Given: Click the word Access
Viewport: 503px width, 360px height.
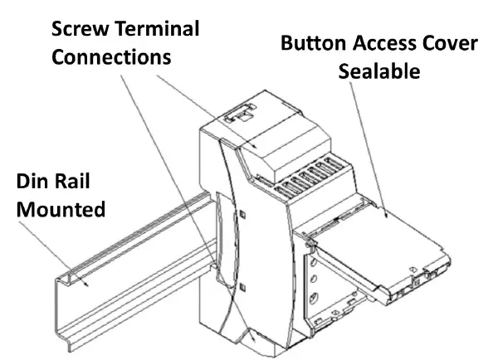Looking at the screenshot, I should pos(387,43).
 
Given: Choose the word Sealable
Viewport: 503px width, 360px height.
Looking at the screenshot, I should pos(378,71).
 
